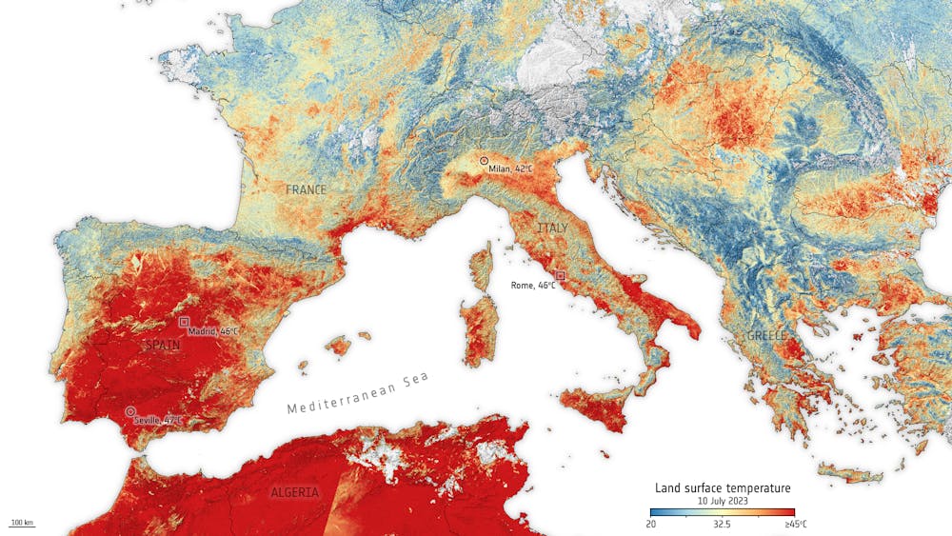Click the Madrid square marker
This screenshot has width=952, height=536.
click(x=184, y=322)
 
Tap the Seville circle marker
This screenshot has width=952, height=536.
click(x=130, y=411)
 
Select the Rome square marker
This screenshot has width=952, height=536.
click(x=560, y=275)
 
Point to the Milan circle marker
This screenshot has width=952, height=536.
click(x=484, y=161)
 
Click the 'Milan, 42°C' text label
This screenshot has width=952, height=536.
click(x=510, y=169)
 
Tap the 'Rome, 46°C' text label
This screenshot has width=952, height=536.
click(x=533, y=285)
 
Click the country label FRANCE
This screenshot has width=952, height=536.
click(x=306, y=190)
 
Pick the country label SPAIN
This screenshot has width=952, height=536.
click(x=161, y=345)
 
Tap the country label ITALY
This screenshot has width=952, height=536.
click(x=553, y=228)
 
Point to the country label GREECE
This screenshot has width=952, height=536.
click(x=766, y=336)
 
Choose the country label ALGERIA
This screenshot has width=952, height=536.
click(x=295, y=492)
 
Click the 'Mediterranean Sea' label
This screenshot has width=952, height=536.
click(x=359, y=393)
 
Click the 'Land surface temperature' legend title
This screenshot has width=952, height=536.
click(x=723, y=488)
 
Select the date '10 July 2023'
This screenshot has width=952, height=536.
click(x=723, y=501)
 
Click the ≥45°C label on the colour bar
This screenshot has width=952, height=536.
click(x=796, y=524)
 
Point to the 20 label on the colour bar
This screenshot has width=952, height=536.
click(x=651, y=524)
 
